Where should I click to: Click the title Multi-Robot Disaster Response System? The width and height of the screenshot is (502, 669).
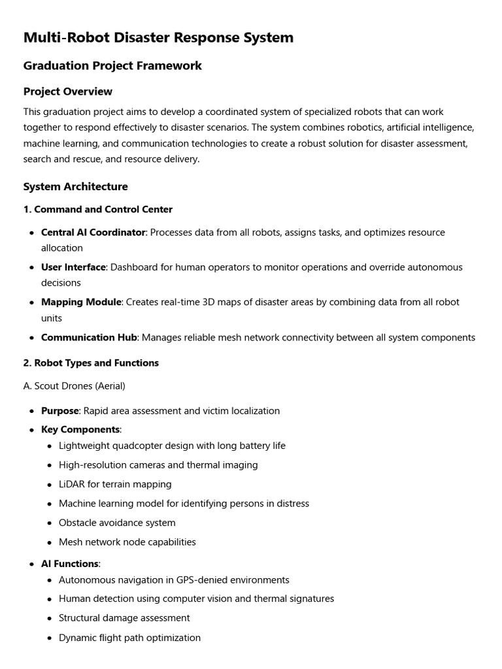pyautogui.click(x=158, y=38)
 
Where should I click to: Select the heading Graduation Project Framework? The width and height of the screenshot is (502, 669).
pyautogui.click(x=112, y=66)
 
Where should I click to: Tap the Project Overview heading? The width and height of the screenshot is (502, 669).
pyautogui.click(x=68, y=91)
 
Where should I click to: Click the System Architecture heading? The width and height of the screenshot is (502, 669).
pyautogui.click(x=76, y=187)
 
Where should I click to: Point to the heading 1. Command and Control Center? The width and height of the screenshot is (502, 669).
pyautogui.click(x=98, y=210)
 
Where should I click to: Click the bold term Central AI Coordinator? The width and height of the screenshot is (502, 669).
pyautogui.click(x=93, y=233)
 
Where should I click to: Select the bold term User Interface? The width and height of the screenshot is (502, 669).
pyautogui.click(x=73, y=267)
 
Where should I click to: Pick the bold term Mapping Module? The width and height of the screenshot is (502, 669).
pyautogui.click(x=81, y=302)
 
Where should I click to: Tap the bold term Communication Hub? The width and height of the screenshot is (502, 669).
pyautogui.click(x=89, y=338)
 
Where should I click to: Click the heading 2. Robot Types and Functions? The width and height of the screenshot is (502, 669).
pyautogui.click(x=91, y=363)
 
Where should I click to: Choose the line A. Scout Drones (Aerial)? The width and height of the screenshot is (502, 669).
pyautogui.click(x=75, y=386)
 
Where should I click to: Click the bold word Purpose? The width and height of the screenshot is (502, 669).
pyautogui.click(x=60, y=411)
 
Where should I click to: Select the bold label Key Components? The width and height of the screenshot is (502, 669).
pyautogui.click(x=80, y=430)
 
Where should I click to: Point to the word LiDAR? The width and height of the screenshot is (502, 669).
pyautogui.click(x=72, y=485)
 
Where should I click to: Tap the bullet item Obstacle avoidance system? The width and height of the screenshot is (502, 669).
pyautogui.click(x=117, y=523)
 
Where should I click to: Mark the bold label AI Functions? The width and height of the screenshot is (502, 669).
pyautogui.click(x=70, y=564)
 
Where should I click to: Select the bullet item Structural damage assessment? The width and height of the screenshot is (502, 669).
pyautogui.click(x=124, y=618)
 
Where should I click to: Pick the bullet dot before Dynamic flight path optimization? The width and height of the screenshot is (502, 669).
pyautogui.click(x=50, y=638)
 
